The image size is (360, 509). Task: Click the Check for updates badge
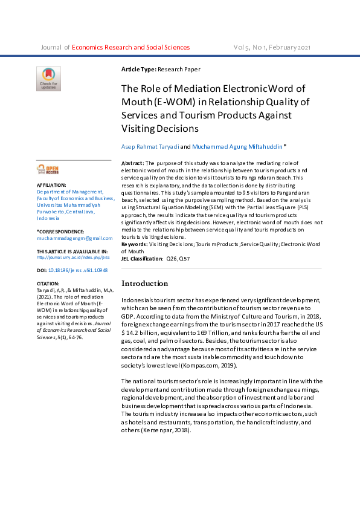[x=48, y=79]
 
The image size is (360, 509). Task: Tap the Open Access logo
[x=48, y=170]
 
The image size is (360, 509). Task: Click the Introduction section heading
[x=145, y=284]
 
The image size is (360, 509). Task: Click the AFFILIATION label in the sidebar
[x=51, y=184]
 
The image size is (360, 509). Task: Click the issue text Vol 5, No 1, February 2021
[x=272, y=47]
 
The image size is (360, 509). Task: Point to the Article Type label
[x=139, y=70]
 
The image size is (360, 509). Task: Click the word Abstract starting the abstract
[x=133, y=163]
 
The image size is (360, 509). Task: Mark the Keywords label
[x=134, y=244]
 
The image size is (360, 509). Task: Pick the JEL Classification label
[x=142, y=258]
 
